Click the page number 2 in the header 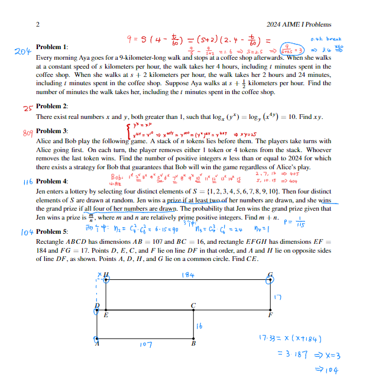pos(38,24)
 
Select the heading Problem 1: pos(52,47)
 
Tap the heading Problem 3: pos(52,131)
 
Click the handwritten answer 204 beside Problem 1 pos(22,52)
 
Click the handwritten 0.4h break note pos(326,39)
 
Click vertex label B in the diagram pos(193,343)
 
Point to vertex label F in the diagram pos(271,315)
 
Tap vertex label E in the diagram pos(106,315)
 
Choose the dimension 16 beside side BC pos(200,325)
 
